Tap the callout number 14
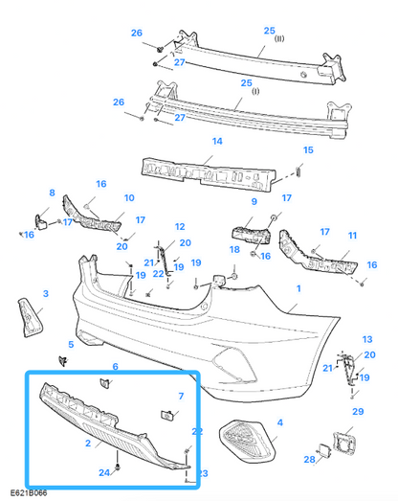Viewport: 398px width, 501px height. click(217, 141)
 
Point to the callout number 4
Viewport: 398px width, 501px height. click(279, 421)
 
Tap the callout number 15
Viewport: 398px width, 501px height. click(308, 150)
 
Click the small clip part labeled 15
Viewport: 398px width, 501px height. click(298, 171)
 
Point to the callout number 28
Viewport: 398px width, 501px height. click(309, 460)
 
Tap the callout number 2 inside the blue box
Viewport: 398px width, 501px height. click(87, 444)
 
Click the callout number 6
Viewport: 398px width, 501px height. click(115, 366)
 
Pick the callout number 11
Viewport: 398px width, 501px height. click(352, 235)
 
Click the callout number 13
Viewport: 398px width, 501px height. click(367, 340)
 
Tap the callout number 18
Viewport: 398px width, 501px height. click(234, 249)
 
